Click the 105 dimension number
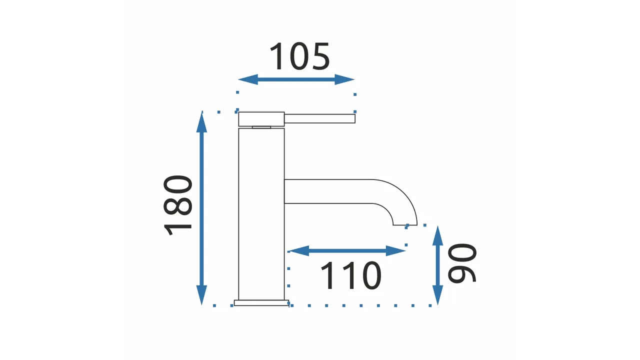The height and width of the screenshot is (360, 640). (299, 56)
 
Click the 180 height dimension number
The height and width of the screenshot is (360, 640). (177, 205)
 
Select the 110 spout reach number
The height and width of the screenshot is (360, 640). (351, 275)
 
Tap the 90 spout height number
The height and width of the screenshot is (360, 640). (461, 263)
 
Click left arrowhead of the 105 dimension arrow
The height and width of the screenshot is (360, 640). (248, 79)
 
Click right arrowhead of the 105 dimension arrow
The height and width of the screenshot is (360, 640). (344, 79)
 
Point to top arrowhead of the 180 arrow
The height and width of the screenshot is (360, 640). (201, 122)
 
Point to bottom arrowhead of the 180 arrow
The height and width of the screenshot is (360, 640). (201, 295)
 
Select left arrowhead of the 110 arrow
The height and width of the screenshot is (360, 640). (299, 251)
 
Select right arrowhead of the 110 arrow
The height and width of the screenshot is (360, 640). (395, 251)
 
